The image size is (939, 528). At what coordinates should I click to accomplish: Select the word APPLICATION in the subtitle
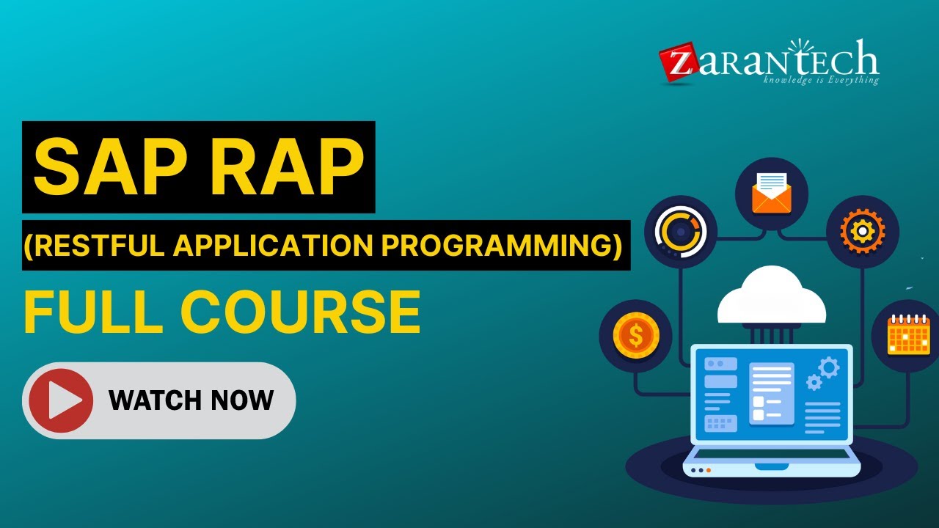pos(272,245)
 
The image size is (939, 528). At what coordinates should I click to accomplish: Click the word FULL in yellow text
pos(93,312)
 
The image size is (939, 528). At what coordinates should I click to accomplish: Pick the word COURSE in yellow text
pos(301,312)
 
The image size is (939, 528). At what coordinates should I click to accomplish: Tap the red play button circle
pos(61,400)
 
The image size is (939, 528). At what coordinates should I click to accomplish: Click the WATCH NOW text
pos(191,400)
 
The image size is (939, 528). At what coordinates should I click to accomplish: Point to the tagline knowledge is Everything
pos(821,80)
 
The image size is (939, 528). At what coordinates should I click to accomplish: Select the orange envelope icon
pos(772,193)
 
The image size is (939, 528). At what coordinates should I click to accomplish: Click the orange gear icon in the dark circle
pos(863,231)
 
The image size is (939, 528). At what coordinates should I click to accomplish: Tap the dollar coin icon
pos(636,335)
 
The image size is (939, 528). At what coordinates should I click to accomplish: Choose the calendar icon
pos(909,334)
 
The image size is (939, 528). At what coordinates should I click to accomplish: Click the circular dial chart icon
pos(681,232)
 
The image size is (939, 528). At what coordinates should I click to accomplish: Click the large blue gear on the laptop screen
pos(829,368)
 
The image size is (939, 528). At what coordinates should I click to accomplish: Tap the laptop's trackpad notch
pos(772,466)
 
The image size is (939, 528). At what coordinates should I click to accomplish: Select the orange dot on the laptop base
pos(709,470)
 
